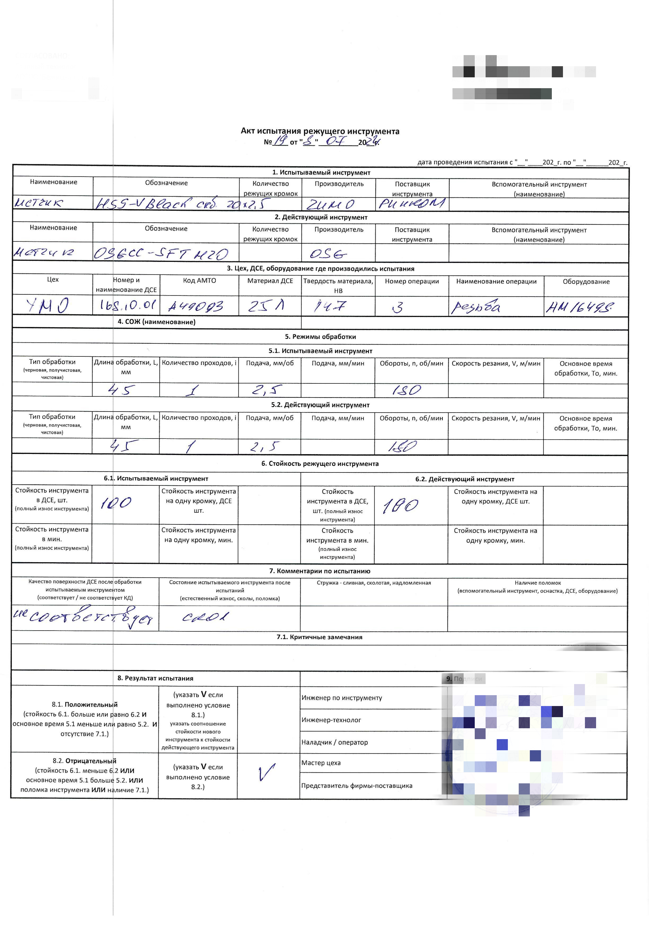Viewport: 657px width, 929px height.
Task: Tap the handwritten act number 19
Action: click(x=280, y=141)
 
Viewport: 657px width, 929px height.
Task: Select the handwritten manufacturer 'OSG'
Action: click(x=328, y=254)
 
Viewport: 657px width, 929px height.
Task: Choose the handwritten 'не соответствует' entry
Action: click(x=83, y=617)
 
